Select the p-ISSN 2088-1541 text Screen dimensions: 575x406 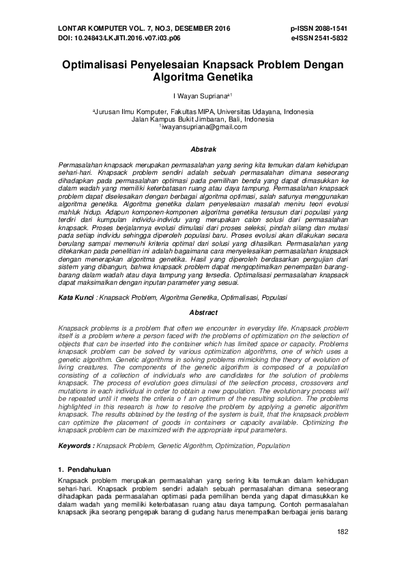(319, 29)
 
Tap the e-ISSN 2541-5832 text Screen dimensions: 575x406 (319, 38)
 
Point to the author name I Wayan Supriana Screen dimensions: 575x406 (201, 96)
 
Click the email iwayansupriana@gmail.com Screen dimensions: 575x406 (203, 127)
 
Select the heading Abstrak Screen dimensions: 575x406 (203, 149)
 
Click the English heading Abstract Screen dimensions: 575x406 (203, 311)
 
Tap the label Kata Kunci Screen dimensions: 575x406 (76, 298)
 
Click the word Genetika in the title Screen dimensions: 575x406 (229, 78)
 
